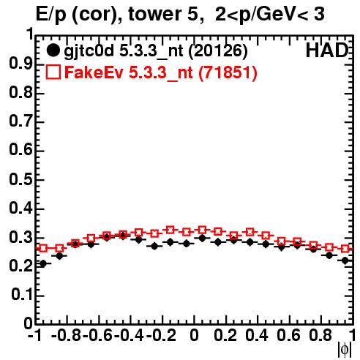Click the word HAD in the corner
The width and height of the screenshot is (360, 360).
(x=327, y=50)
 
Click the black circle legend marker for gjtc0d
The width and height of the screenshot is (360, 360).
(x=53, y=50)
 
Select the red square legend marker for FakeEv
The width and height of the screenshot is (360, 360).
(x=53, y=72)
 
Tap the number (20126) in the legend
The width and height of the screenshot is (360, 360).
(x=218, y=51)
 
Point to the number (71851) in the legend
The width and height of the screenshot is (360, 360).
(x=228, y=72)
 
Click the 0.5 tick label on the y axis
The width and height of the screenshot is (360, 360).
(x=20, y=179)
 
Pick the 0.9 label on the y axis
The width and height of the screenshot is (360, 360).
(x=20, y=64)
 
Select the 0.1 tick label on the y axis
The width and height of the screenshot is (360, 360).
(x=22, y=295)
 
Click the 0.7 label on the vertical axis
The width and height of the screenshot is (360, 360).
(x=20, y=121)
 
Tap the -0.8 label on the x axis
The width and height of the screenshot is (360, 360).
(x=66, y=335)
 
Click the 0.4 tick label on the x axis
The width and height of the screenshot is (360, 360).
(x=257, y=335)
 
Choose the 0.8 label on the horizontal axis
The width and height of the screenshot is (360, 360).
(x=320, y=335)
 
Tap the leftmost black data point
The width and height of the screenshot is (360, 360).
(x=43, y=263)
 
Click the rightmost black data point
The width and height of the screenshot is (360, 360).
(x=345, y=260)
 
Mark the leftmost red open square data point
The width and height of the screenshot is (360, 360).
(x=43, y=249)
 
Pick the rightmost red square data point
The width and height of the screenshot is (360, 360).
(x=345, y=249)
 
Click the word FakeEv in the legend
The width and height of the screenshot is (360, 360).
(x=94, y=72)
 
